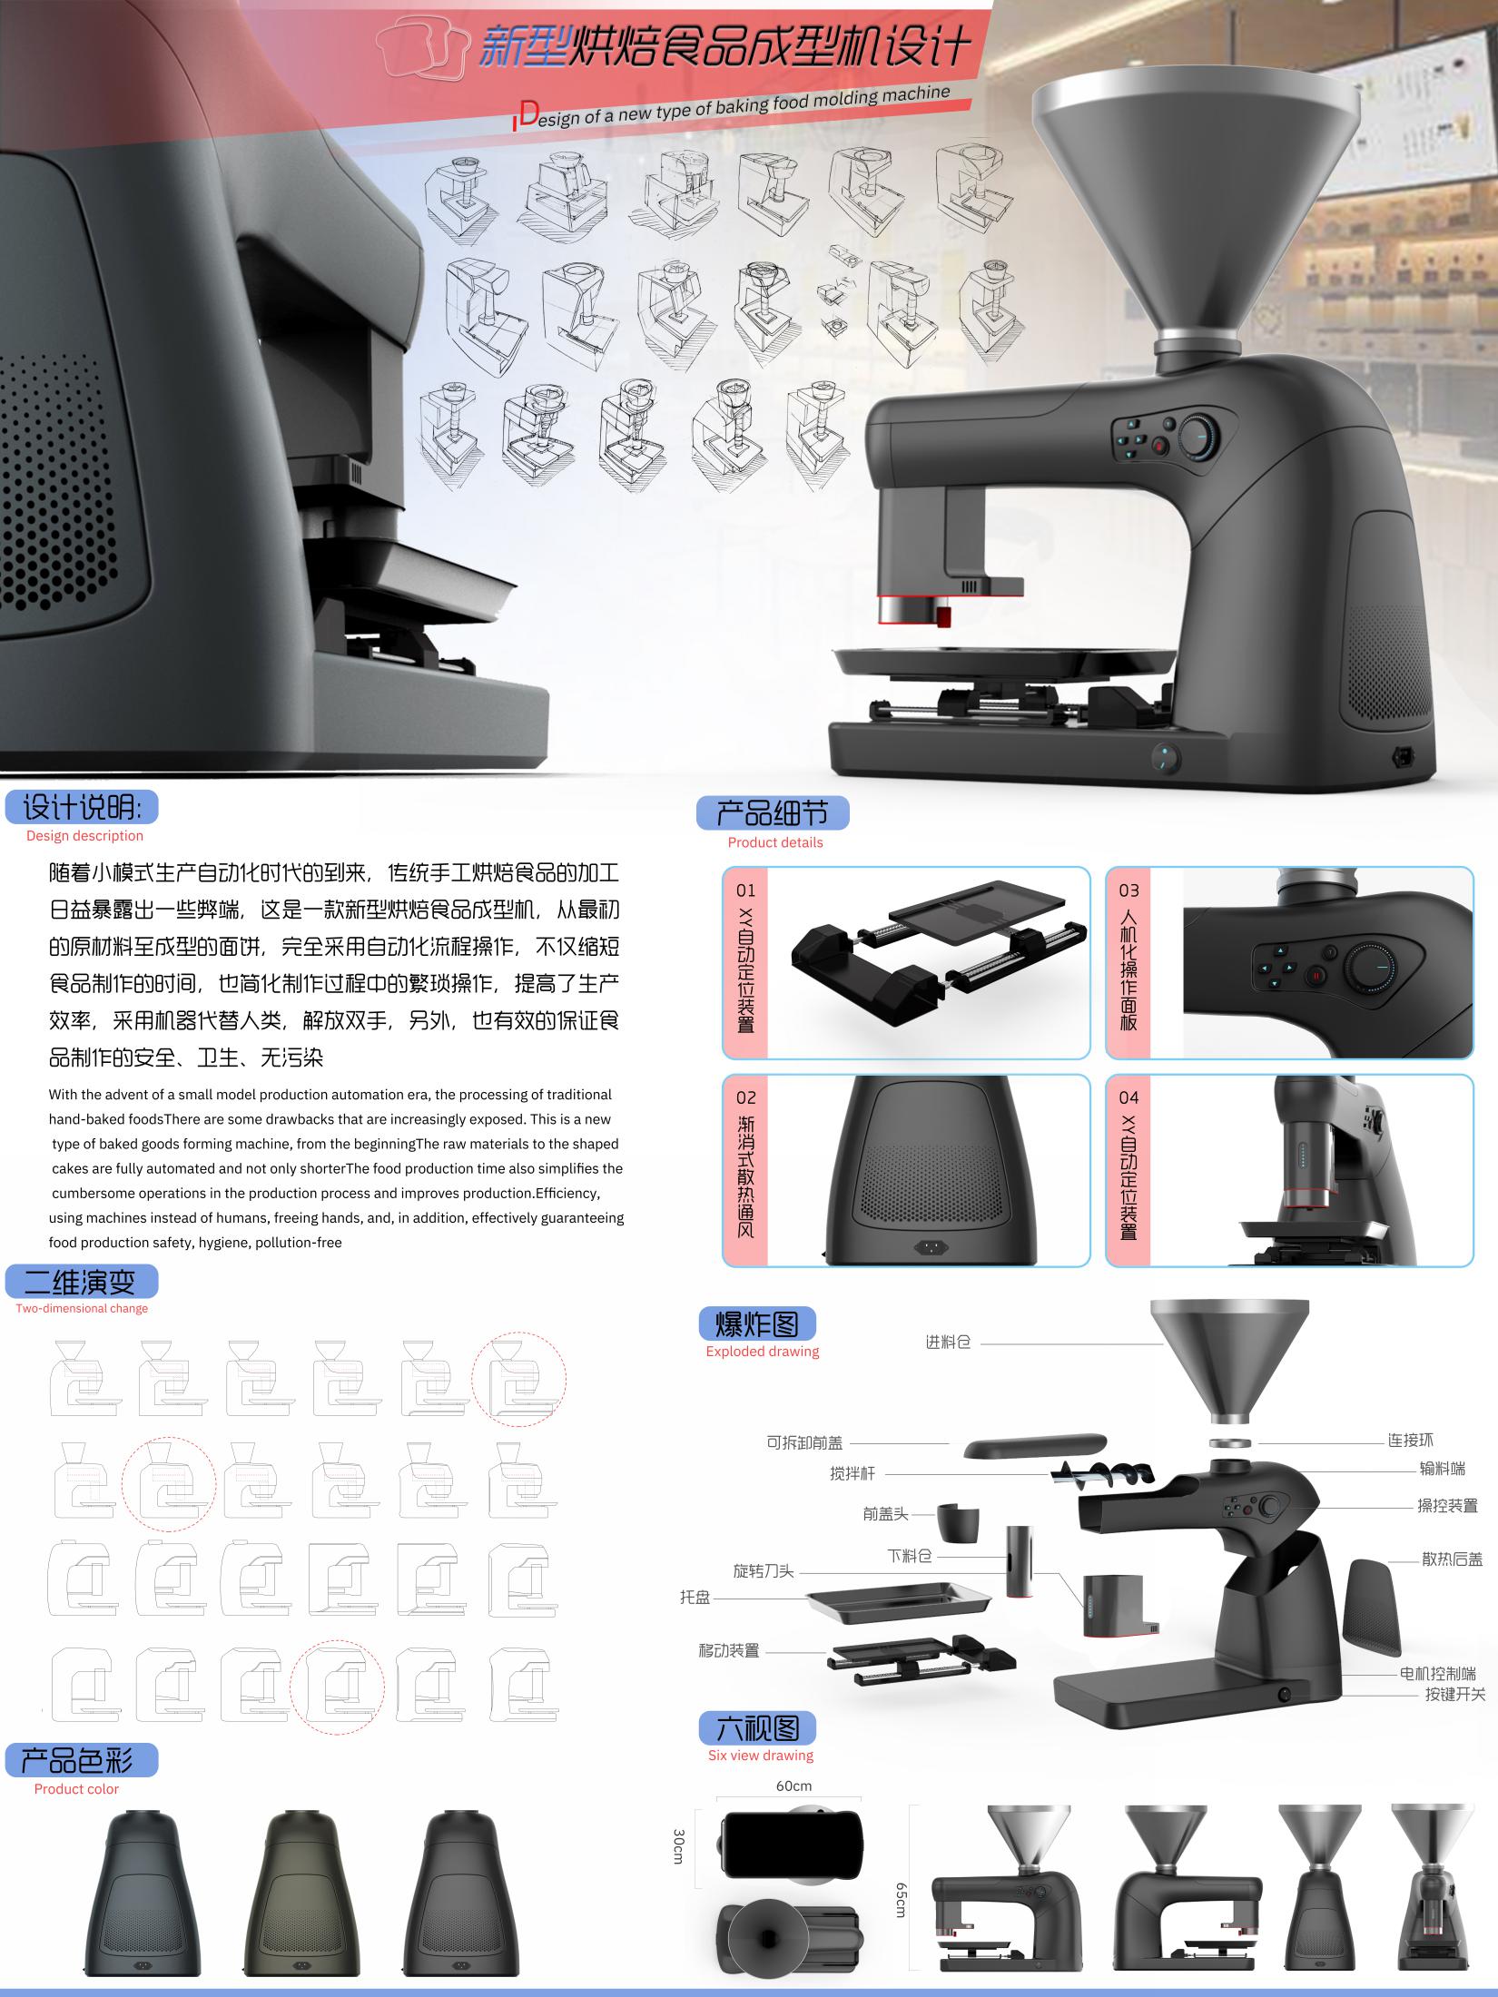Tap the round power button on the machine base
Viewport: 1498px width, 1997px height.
(1163, 756)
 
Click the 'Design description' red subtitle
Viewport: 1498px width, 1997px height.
(84, 836)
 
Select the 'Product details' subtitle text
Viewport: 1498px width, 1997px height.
(774, 842)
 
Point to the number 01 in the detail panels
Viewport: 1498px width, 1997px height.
(745, 890)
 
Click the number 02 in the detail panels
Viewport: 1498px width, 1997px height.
(745, 1097)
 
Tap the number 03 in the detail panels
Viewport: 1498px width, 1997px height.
(1128, 890)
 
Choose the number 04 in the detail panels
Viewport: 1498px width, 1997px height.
(1128, 1097)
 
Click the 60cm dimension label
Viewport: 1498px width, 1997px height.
(793, 1786)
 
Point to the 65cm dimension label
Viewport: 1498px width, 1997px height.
(901, 1899)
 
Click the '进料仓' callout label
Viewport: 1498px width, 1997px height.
(948, 1343)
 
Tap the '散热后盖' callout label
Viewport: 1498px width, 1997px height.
(1452, 1559)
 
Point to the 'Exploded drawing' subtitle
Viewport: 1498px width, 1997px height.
(762, 1352)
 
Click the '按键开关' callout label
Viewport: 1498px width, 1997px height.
(1454, 1694)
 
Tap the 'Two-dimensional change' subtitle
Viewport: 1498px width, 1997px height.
(82, 1308)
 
